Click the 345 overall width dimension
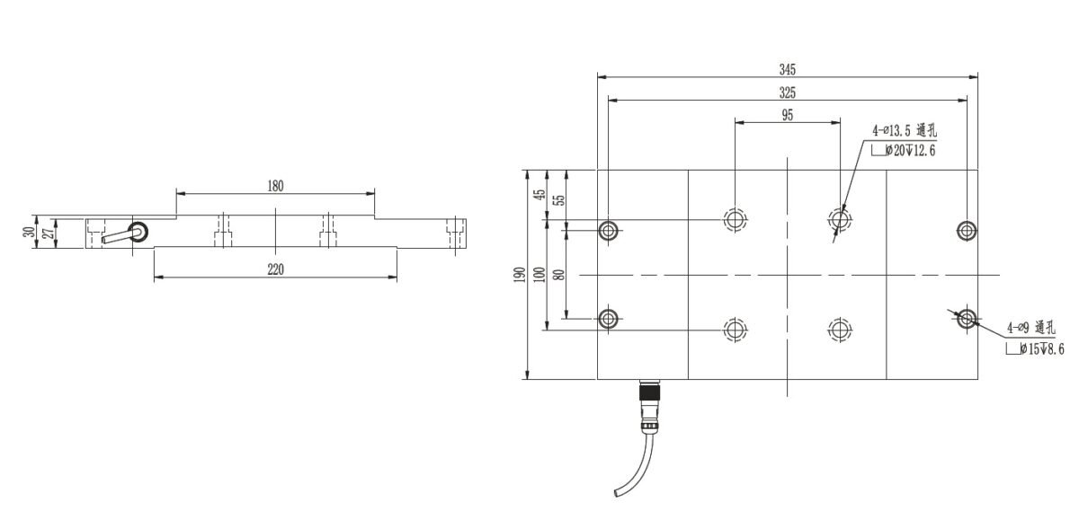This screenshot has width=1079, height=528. [x=788, y=68]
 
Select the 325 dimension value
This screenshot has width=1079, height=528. [x=788, y=92]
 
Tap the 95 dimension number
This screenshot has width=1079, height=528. [x=788, y=115]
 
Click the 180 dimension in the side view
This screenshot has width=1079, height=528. [x=275, y=186]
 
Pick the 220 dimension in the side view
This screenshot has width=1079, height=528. [x=275, y=269]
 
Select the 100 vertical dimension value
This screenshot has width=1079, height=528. [x=539, y=274]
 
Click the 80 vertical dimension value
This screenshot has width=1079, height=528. [x=558, y=274]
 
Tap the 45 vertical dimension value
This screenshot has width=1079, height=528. [x=539, y=196]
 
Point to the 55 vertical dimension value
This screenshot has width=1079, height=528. [x=558, y=200]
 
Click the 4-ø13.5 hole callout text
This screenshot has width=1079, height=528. [x=904, y=132]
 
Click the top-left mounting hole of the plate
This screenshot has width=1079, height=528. [x=609, y=230]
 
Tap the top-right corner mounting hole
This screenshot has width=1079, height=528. [x=967, y=230]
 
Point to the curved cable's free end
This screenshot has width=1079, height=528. [x=615, y=493]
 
